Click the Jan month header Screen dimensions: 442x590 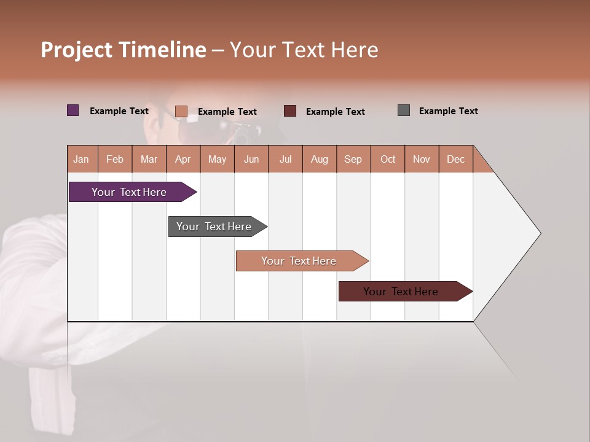point(81,159)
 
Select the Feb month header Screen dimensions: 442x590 point(115,159)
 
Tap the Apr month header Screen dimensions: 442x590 point(183,159)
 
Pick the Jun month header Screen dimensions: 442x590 point(251,159)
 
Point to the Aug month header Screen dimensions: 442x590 point(320,159)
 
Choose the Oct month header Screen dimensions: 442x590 point(388,159)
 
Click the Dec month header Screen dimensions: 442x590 point(456,159)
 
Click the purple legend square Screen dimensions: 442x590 point(73,110)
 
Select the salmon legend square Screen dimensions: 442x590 point(181,111)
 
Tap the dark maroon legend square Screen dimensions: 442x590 point(290,111)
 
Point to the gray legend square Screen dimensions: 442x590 point(404,110)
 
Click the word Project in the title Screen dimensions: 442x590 point(76,50)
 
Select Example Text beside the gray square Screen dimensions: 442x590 point(448,111)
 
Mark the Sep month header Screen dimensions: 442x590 point(353,159)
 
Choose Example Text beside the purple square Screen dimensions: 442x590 point(119,111)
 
